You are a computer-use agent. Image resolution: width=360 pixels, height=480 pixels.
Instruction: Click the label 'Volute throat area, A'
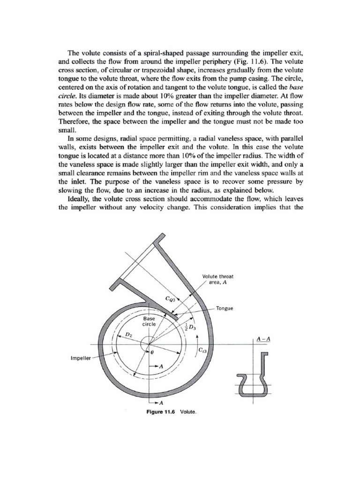pyautogui.click(x=218, y=279)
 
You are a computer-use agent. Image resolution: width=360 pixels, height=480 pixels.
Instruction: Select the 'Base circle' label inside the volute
pyautogui.click(x=149, y=321)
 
